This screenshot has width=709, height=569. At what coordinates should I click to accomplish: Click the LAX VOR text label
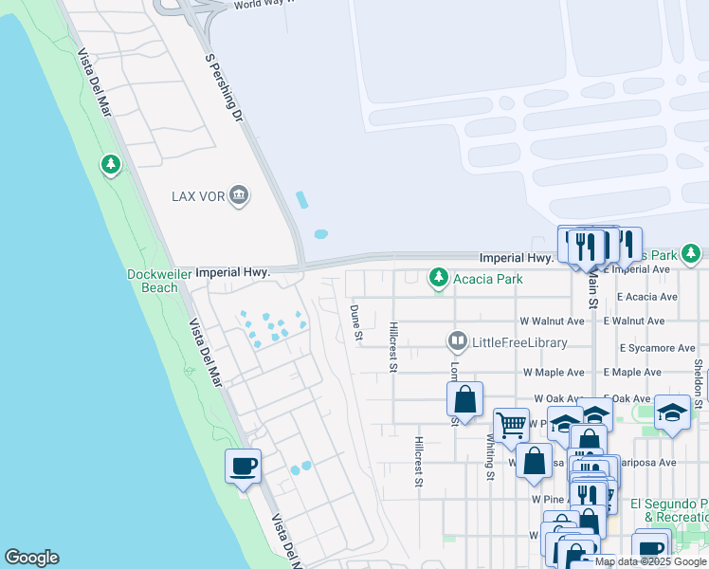click(x=197, y=196)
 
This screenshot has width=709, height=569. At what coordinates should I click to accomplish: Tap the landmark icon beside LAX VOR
click(x=239, y=196)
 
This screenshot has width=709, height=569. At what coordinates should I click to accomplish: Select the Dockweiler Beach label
click(x=153, y=281)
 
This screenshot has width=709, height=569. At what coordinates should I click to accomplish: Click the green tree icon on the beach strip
click(x=111, y=166)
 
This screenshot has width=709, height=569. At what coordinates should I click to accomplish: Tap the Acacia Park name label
click(x=489, y=278)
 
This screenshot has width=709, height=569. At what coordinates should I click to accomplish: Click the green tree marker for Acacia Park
click(x=438, y=278)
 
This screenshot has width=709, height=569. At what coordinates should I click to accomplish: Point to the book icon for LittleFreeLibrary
click(x=458, y=341)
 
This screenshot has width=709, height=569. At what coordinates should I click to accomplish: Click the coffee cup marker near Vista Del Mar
click(x=244, y=467)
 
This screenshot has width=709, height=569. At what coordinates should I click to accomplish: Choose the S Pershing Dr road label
click(x=225, y=87)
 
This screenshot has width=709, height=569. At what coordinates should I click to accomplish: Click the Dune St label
click(x=356, y=322)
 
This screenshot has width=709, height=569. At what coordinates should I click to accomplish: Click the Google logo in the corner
click(x=31, y=558)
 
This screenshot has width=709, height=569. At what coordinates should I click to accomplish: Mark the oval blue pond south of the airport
click(x=320, y=233)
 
